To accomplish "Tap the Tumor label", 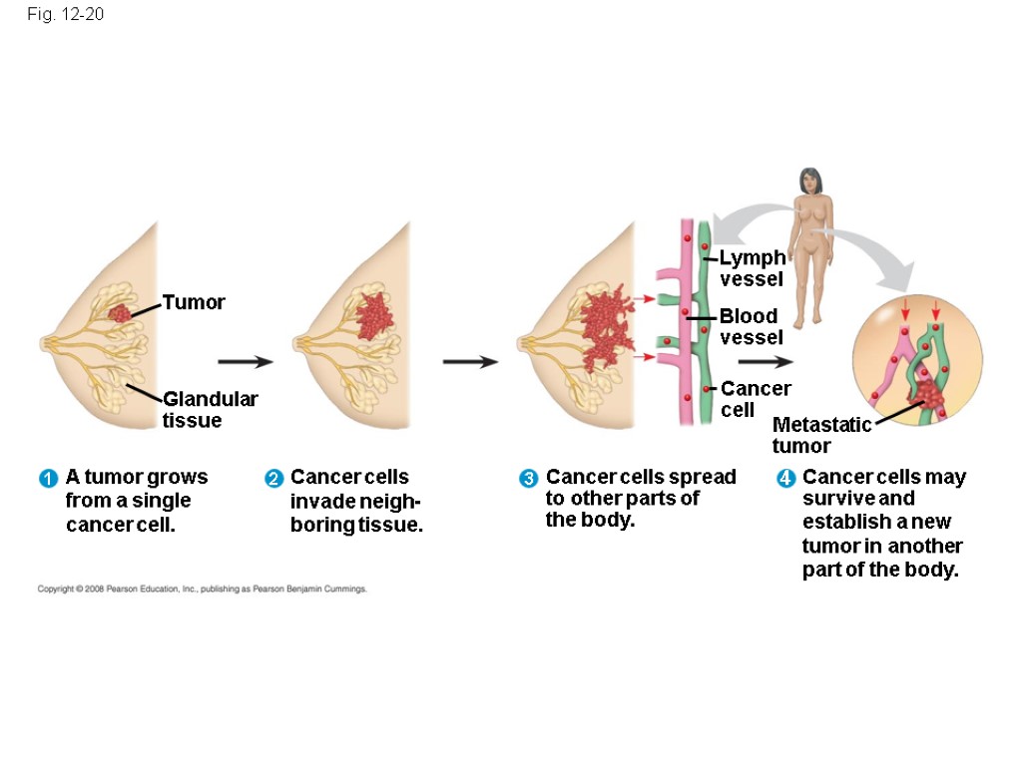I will [194, 301].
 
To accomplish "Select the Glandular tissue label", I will [210, 409].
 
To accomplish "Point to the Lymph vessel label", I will [752, 268].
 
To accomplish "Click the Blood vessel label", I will [749, 326].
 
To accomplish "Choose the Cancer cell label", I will [755, 398].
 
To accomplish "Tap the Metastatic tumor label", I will [820, 435].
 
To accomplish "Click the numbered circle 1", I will [46, 479].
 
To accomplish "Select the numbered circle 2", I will [272, 479].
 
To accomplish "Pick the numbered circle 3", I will [528, 479].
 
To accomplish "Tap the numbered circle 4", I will [785, 479].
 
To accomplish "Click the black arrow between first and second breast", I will [245, 361].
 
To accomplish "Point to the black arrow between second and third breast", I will [470, 361].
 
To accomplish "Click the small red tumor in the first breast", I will [121, 313].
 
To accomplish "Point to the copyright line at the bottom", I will [203, 589].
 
